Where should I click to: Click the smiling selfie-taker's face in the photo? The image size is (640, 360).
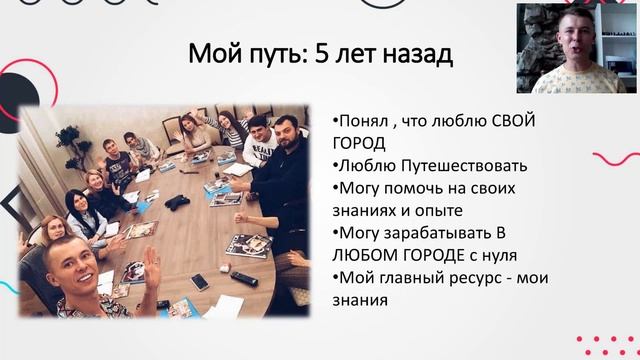click(76, 270)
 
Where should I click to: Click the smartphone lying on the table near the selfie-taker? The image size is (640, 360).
click(201, 282)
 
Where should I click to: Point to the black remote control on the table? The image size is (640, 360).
click(244, 278)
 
